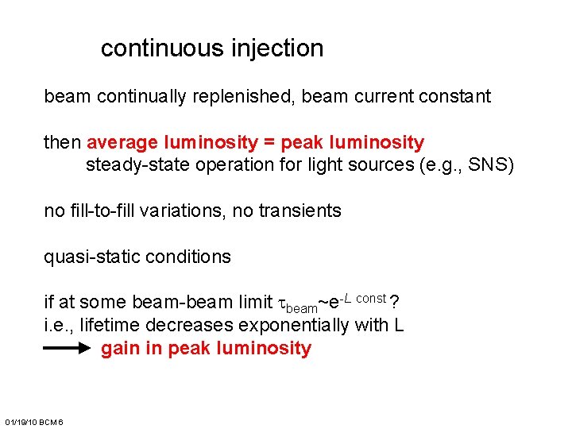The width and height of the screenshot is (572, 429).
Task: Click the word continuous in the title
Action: click(x=162, y=48)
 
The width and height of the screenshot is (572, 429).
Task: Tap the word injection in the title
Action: click(x=277, y=48)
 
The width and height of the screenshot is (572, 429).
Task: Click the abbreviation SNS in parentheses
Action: click(x=490, y=166)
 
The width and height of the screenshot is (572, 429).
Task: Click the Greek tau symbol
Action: click(x=279, y=303)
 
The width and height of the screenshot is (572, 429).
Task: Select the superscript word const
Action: click(x=372, y=298)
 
